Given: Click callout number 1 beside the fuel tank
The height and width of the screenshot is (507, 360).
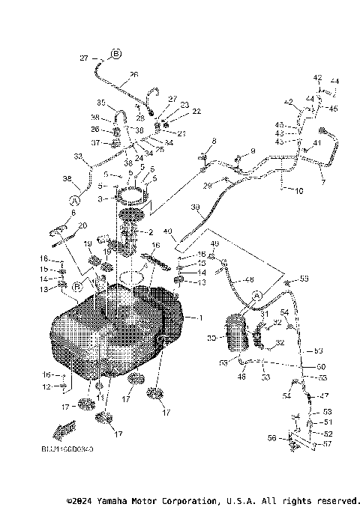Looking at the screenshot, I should tap(200, 318).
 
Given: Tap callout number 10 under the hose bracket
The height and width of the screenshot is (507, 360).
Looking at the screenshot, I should tap(298, 192).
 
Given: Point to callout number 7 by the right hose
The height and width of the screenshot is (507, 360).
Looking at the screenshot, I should tap(323, 182).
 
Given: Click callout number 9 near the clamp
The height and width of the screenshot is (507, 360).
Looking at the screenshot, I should tap(253, 151).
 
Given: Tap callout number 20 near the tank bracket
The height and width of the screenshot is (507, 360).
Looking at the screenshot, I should tap(83, 225).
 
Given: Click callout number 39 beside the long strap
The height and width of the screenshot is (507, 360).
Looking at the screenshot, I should tap(195, 207).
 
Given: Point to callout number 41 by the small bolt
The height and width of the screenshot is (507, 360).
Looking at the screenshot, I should tap(317, 142).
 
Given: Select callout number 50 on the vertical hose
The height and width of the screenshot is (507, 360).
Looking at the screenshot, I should tap(321, 366).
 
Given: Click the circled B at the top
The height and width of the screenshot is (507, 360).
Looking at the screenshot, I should tap(116, 54).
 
